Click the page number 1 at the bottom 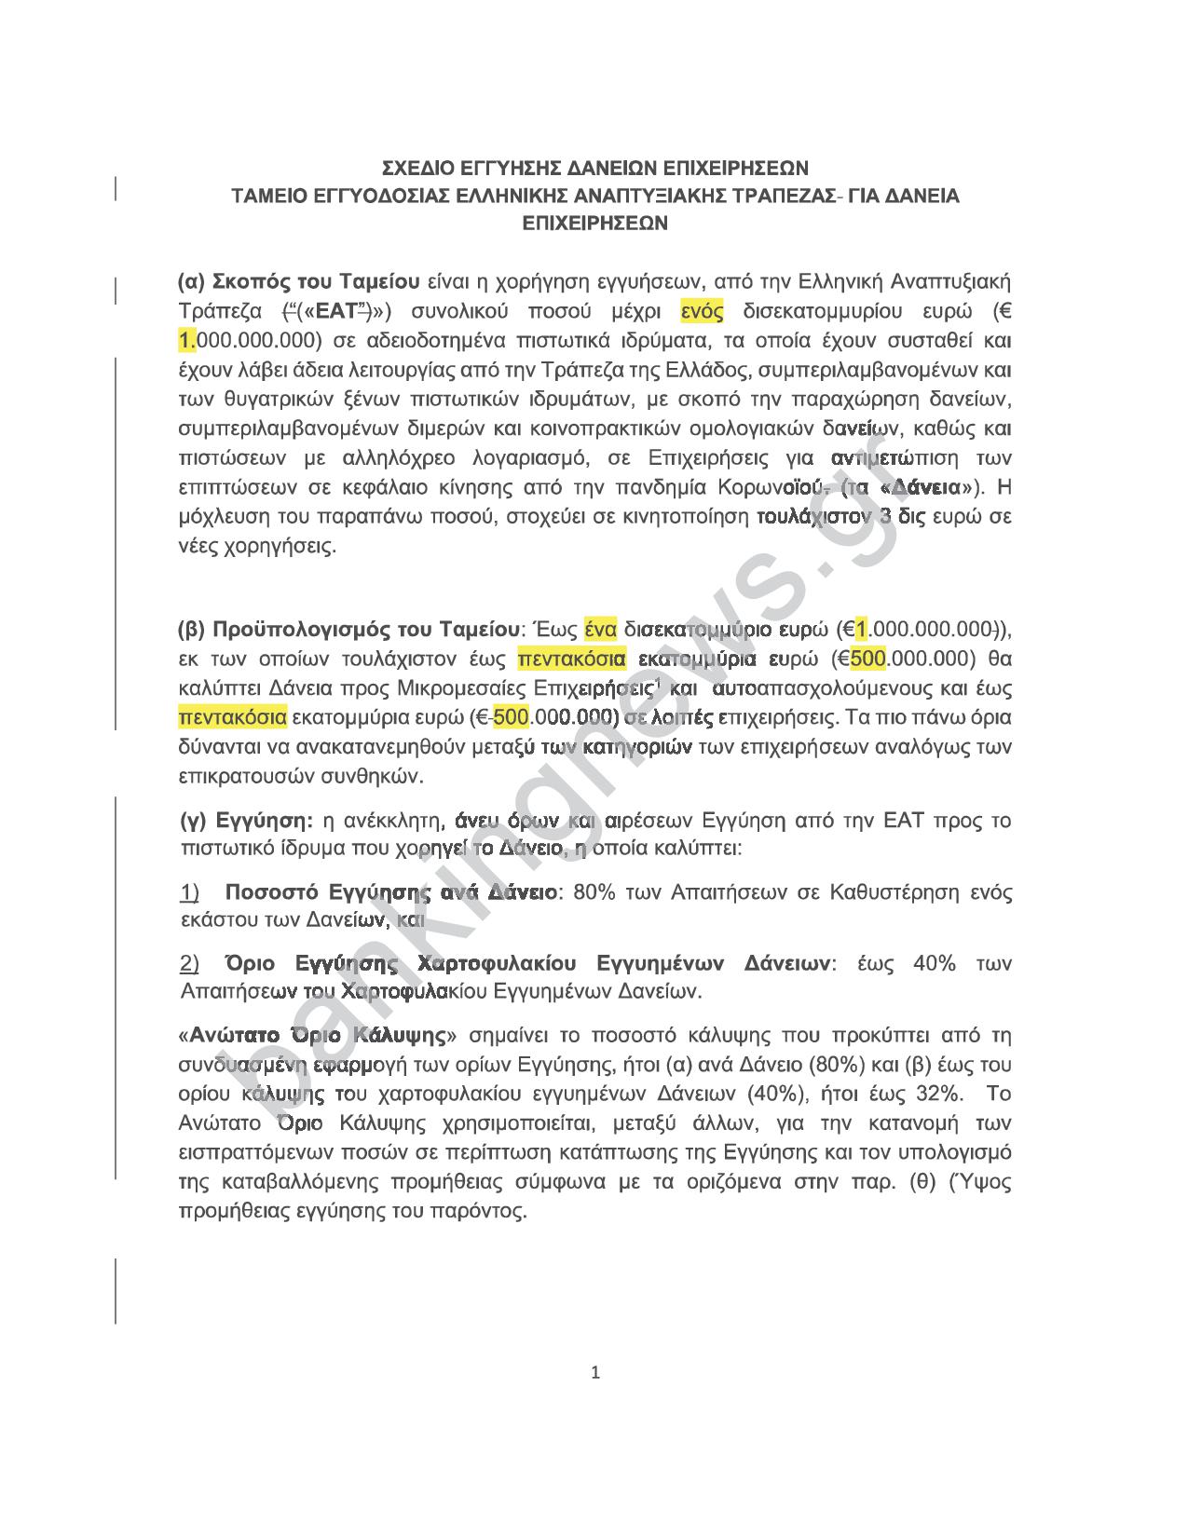point(595,1372)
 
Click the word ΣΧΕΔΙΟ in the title point(420,168)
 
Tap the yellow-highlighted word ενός point(702,310)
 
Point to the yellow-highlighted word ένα point(600,630)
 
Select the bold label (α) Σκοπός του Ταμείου point(298,281)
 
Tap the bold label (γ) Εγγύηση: point(246,821)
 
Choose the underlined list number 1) point(189,892)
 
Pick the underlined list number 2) point(189,962)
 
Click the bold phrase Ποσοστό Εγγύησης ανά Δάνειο point(390,892)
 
